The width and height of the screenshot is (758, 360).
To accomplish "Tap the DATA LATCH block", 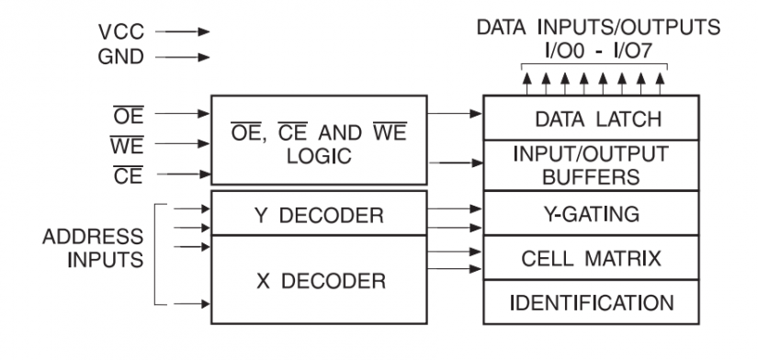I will click(589, 118).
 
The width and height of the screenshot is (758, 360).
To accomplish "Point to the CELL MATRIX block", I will click(589, 258).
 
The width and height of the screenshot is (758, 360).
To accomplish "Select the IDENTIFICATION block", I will click(589, 301).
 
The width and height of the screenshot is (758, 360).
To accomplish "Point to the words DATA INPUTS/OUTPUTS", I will click(592, 28).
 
